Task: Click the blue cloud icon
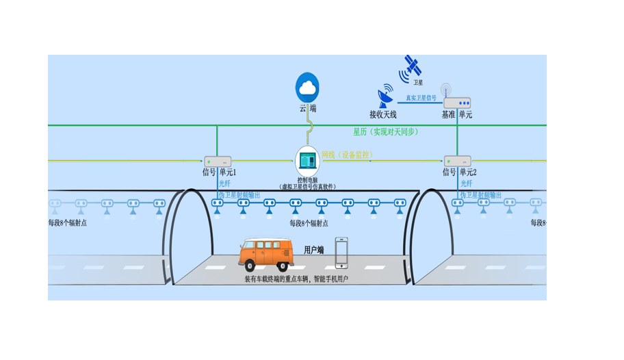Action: tap(307, 87)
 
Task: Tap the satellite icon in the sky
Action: tap(412, 66)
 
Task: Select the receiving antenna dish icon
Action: tap(386, 97)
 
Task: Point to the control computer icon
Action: tap(308, 161)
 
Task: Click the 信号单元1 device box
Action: tap(218, 162)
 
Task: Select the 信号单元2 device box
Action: tap(457, 162)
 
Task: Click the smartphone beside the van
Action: tap(341, 253)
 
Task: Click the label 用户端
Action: tap(313, 250)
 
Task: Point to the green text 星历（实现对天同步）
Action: tap(385, 131)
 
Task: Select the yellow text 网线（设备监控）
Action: tap(347, 155)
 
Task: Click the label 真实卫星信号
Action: tap(421, 98)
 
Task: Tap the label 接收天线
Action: tap(383, 115)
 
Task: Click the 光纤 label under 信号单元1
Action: tap(224, 184)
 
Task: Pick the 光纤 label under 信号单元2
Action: tap(466, 184)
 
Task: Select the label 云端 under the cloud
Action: tap(307, 108)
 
